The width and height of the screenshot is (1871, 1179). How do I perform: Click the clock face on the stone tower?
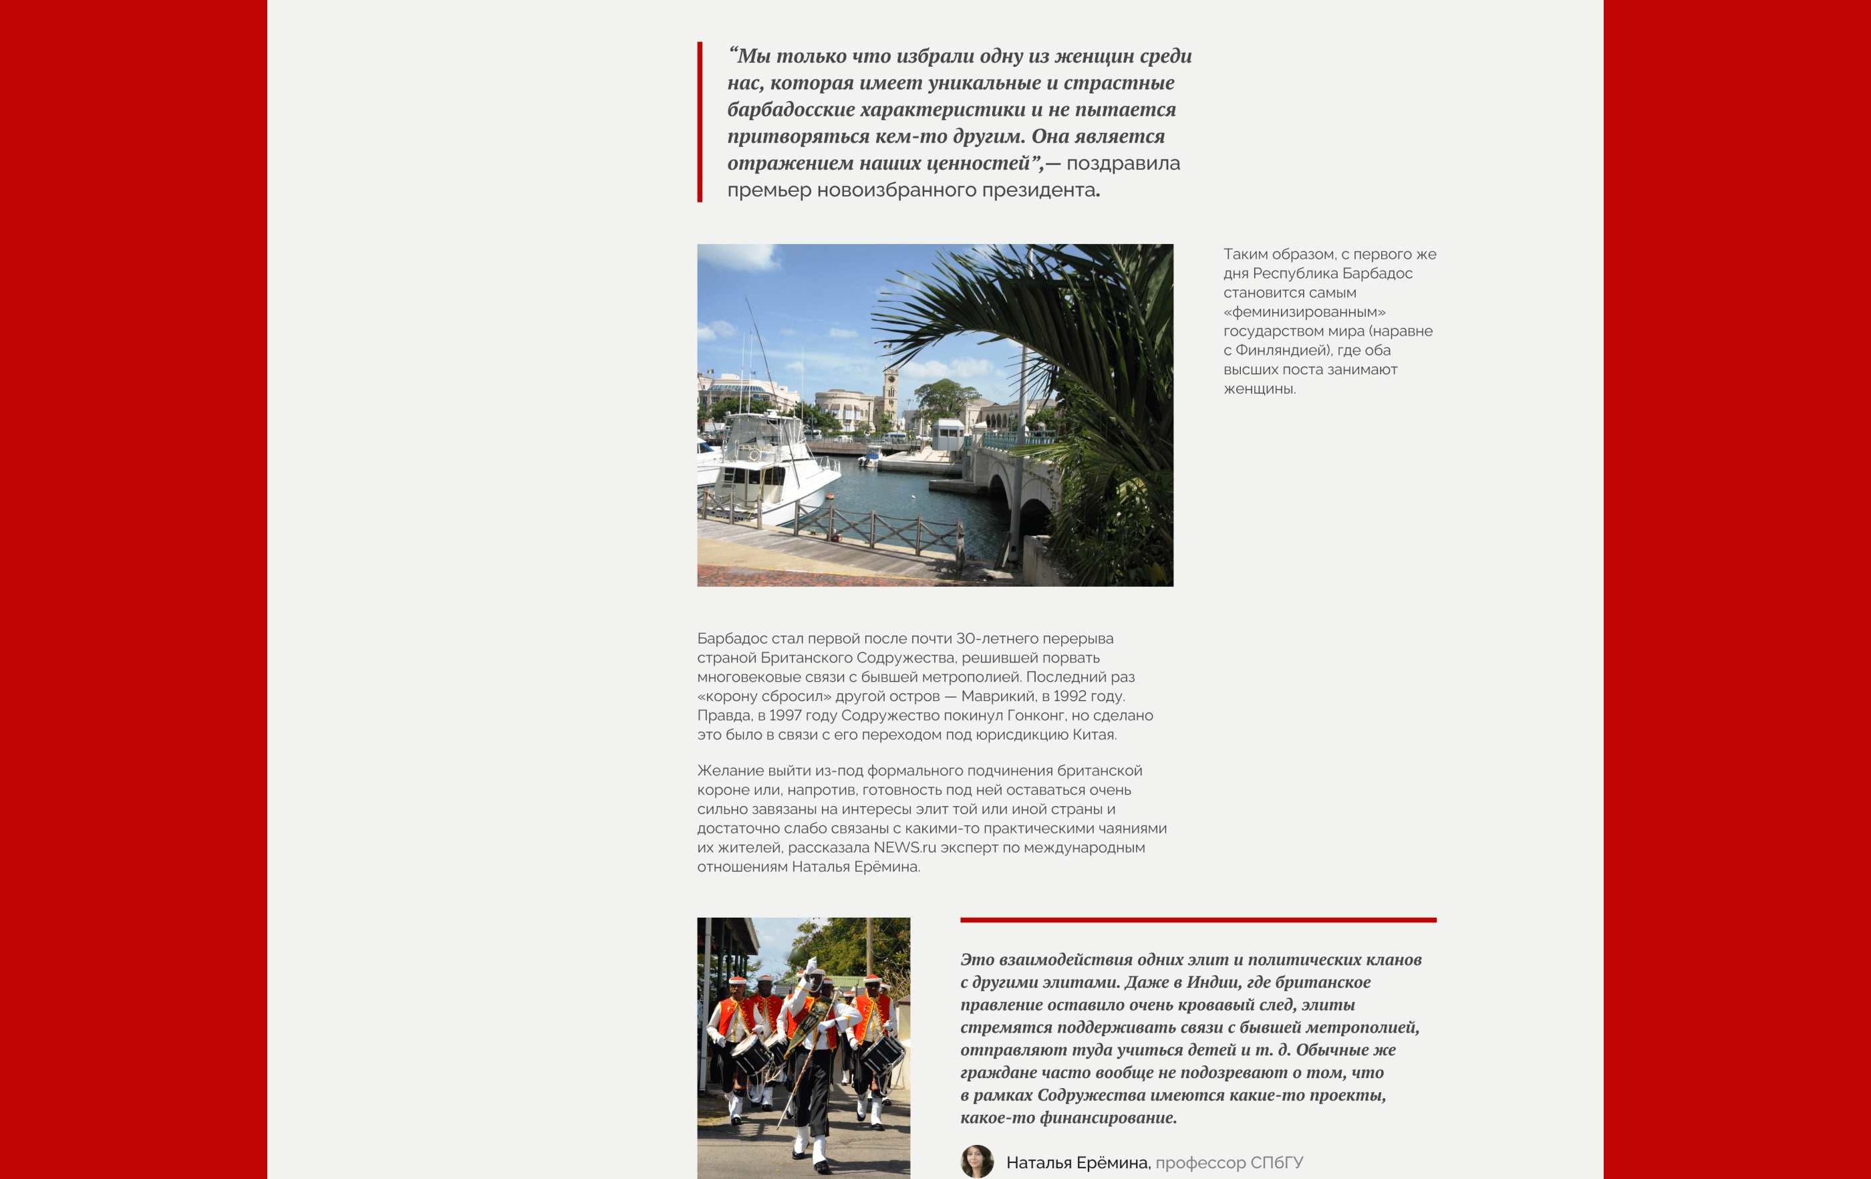[x=891, y=382]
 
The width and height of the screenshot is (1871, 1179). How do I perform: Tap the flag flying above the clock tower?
[x=887, y=345]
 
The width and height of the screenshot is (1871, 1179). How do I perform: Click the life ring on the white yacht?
[x=754, y=455]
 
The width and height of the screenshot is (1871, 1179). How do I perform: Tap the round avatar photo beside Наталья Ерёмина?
[x=977, y=1161]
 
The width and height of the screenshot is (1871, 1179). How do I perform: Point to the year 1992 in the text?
[x=1069, y=696]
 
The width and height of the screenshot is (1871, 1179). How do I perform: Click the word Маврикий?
[x=996, y=696]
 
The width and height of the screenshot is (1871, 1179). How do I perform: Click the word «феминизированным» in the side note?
[x=1304, y=311]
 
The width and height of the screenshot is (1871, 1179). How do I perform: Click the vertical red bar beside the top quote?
[x=700, y=122]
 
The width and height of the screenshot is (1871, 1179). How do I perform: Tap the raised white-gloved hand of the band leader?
[x=811, y=964]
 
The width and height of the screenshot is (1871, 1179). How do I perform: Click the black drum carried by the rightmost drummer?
[x=883, y=1053]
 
